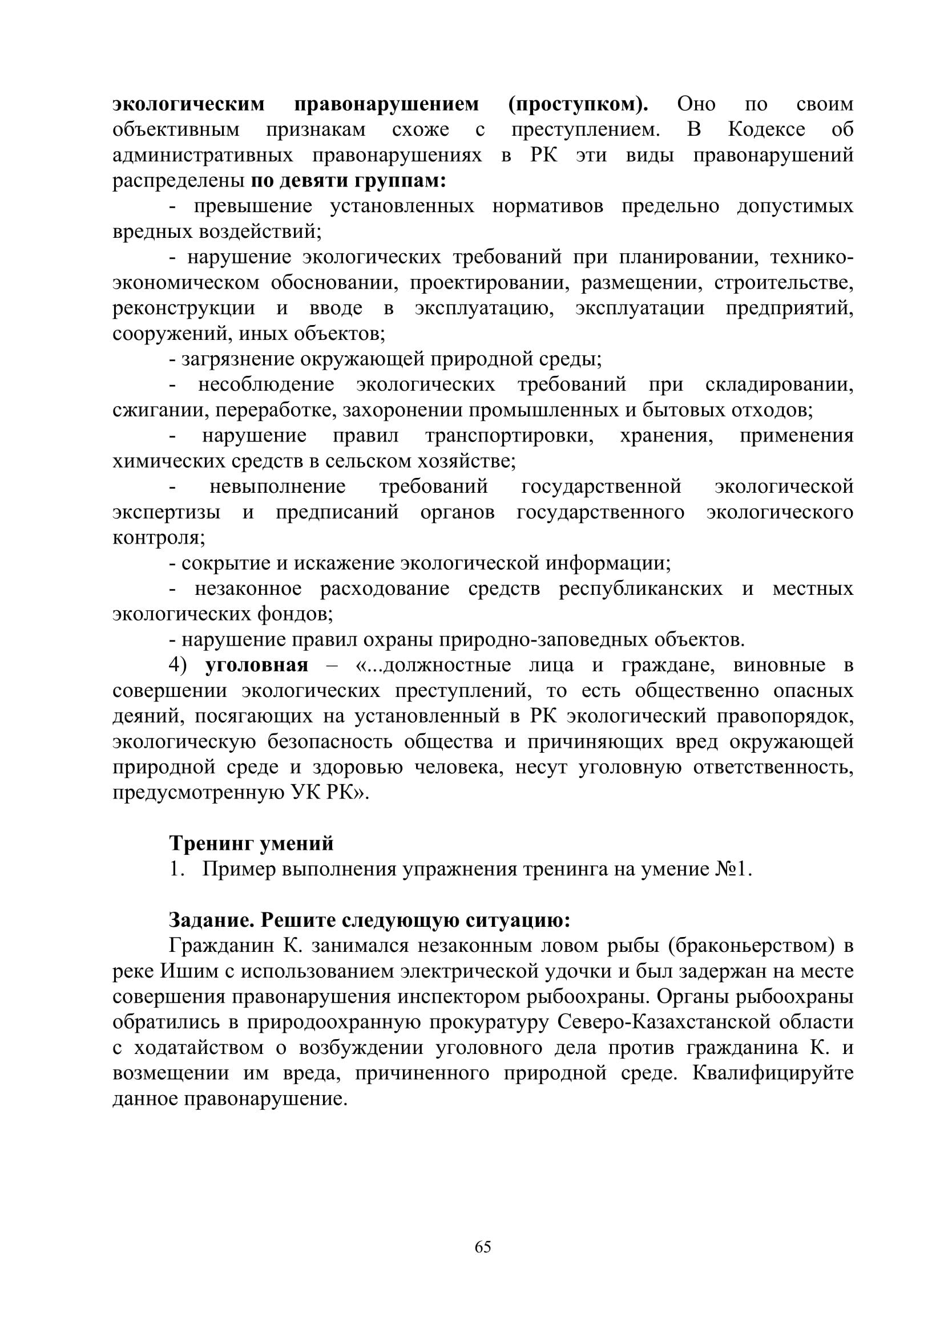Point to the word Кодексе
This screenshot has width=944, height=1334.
point(766,129)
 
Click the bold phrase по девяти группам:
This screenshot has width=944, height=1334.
point(348,181)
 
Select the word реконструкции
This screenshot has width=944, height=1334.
point(184,308)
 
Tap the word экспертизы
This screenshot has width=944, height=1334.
point(166,513)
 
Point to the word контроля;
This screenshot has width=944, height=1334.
point(159,538)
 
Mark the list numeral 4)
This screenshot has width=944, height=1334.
point(178,665)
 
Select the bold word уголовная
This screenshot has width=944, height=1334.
point(257,665)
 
